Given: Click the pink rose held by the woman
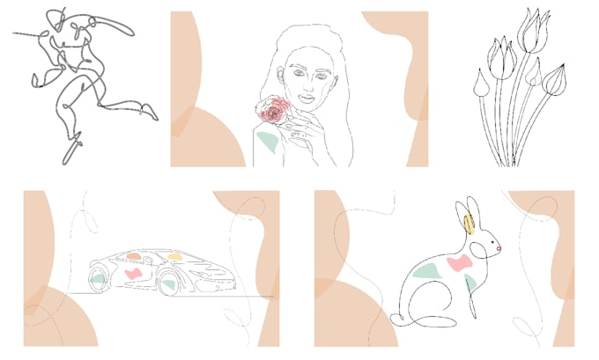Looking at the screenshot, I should [x=274, y=112].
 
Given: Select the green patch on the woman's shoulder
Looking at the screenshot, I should [x=267, y=141].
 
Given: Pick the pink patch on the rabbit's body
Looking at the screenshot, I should [x=459, y=263].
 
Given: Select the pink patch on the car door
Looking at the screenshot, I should [x=134, y=274].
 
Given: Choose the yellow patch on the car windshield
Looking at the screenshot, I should [x=175, y=257].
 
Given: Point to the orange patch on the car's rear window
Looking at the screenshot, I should [x=134, y=256].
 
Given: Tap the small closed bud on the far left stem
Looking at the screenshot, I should [x=480, y=84].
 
